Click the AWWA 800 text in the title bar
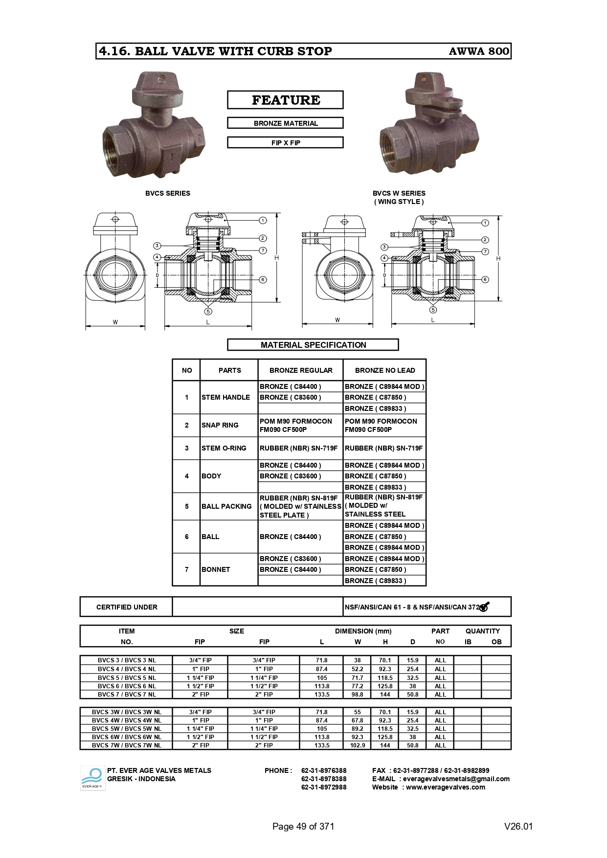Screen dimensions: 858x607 478,51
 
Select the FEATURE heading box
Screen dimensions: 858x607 285,100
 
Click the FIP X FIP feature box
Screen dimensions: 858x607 285,143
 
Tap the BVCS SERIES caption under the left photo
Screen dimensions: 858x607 167,193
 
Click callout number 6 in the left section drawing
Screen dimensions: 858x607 263,280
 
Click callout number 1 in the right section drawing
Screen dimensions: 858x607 485,223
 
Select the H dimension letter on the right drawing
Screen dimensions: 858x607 498,258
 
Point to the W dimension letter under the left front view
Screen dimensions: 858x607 115,322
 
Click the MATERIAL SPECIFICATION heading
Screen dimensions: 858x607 313,345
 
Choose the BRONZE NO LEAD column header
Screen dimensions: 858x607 384,370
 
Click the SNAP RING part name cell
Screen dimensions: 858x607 220,425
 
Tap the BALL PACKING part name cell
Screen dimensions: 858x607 226,506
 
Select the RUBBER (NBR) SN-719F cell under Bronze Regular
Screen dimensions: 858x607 298,448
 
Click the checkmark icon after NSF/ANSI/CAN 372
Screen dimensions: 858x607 484,607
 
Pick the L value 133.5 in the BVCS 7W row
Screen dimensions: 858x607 322,745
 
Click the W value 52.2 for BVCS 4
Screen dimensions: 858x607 357,669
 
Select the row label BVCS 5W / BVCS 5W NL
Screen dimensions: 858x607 126,728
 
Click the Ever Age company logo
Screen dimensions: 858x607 92,778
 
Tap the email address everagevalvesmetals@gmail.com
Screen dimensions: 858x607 456,779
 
